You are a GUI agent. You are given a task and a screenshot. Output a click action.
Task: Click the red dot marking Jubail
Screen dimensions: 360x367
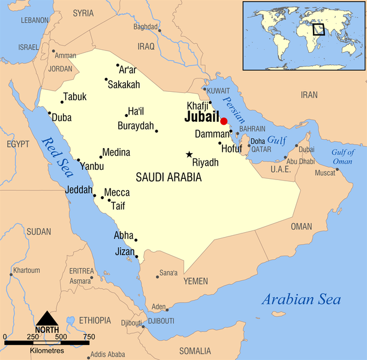click(224, 121)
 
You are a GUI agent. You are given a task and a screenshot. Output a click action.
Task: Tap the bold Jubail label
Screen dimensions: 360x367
click(201, 118)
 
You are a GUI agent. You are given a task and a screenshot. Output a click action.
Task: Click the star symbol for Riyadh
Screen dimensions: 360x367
click(189, 155)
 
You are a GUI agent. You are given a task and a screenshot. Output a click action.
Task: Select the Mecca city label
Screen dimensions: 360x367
click(116, 193)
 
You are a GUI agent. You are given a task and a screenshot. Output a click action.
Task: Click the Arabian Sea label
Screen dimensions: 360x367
click(300, 300)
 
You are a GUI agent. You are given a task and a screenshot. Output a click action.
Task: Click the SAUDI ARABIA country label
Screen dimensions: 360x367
click(169, 178)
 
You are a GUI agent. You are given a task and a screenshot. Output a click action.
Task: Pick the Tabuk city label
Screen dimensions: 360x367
click(75, 97)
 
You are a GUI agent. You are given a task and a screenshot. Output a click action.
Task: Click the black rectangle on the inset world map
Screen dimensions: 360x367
click(318, 28)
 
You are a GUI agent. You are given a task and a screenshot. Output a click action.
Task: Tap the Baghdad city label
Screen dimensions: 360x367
click(145, 27)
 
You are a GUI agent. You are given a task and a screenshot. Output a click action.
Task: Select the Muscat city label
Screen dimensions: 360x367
click(325, 173)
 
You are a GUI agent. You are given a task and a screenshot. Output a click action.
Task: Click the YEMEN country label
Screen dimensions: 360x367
click(195, 281)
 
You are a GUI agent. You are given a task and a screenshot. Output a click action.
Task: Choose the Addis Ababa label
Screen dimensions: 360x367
click(108, 354)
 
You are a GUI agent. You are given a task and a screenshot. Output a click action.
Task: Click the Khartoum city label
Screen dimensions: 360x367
click(26, 270)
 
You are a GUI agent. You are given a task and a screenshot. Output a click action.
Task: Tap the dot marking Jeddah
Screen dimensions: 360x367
click(95, 196)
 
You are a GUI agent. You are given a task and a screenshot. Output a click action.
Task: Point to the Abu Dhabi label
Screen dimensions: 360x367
click(300, 161)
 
